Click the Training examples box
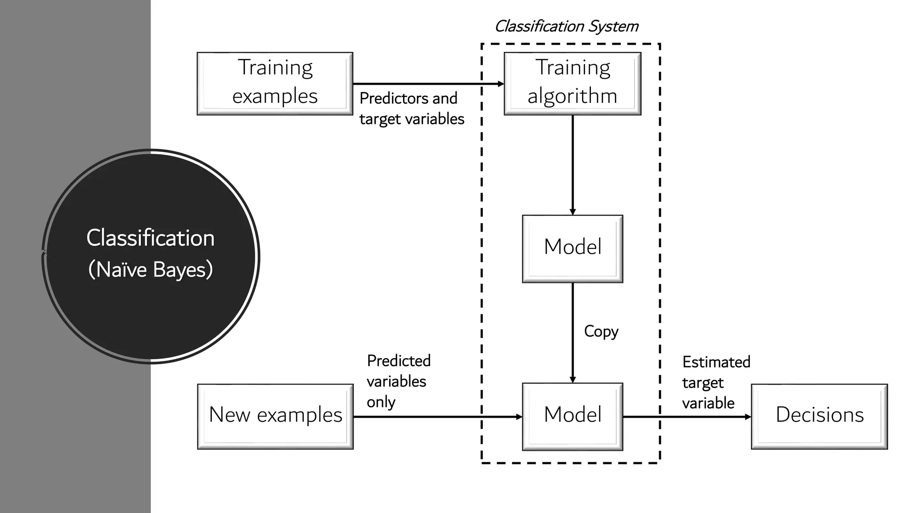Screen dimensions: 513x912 (275, 83)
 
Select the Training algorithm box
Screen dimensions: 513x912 (572, 83)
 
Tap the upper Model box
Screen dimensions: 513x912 (572, 248)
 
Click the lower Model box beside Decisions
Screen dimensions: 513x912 (572, 416)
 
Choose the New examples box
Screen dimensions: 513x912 (275, 416)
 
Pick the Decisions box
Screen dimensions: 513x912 (819, 416)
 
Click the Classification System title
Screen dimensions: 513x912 (566, 26)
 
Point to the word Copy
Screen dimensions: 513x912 (601, 331)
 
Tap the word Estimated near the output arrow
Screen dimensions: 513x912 (716, 362)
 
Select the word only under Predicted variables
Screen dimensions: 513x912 (381, 402)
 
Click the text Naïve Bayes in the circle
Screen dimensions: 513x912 (151, 270)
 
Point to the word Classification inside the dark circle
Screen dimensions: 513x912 (151, 238)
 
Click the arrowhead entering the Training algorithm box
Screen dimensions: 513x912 (501, 84)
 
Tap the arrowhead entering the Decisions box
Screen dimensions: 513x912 (748, 417)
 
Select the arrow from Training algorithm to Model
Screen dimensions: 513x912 (573, 165)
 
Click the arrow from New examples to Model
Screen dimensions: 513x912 (436, 417)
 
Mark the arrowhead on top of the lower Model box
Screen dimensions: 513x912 (573, 380)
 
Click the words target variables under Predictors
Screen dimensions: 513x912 (411, 119)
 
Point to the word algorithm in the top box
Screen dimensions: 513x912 (572, 96)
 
